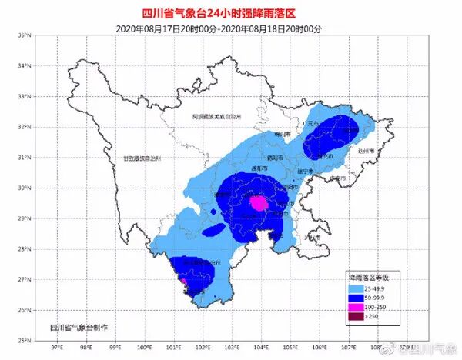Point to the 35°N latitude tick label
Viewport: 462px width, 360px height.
[24, 35]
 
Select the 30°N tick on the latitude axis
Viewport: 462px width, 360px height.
[24, 188]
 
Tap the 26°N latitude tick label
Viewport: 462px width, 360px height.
[24, 310]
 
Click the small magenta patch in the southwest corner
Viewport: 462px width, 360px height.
[183, 282]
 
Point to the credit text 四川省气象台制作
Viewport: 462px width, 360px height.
[79, 327]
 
